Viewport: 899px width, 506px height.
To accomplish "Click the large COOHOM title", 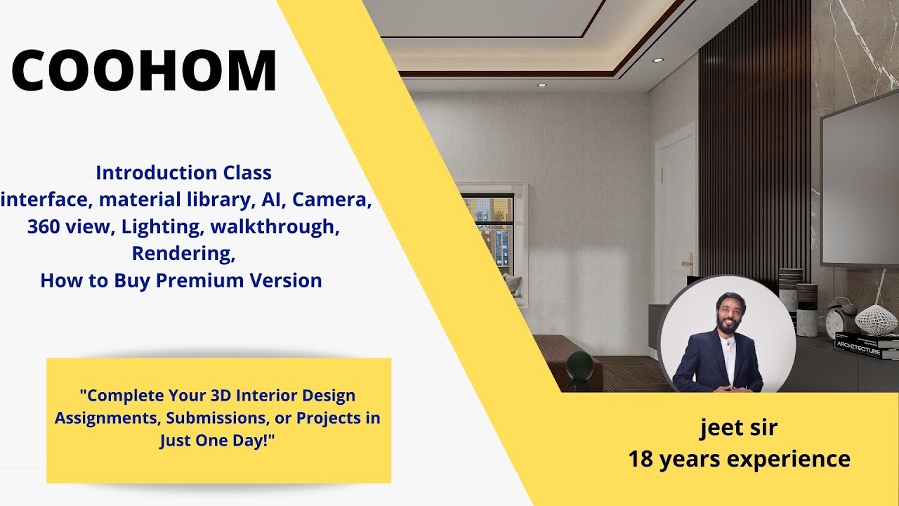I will [144, 71].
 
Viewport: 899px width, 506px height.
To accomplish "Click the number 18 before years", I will [642, 460].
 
